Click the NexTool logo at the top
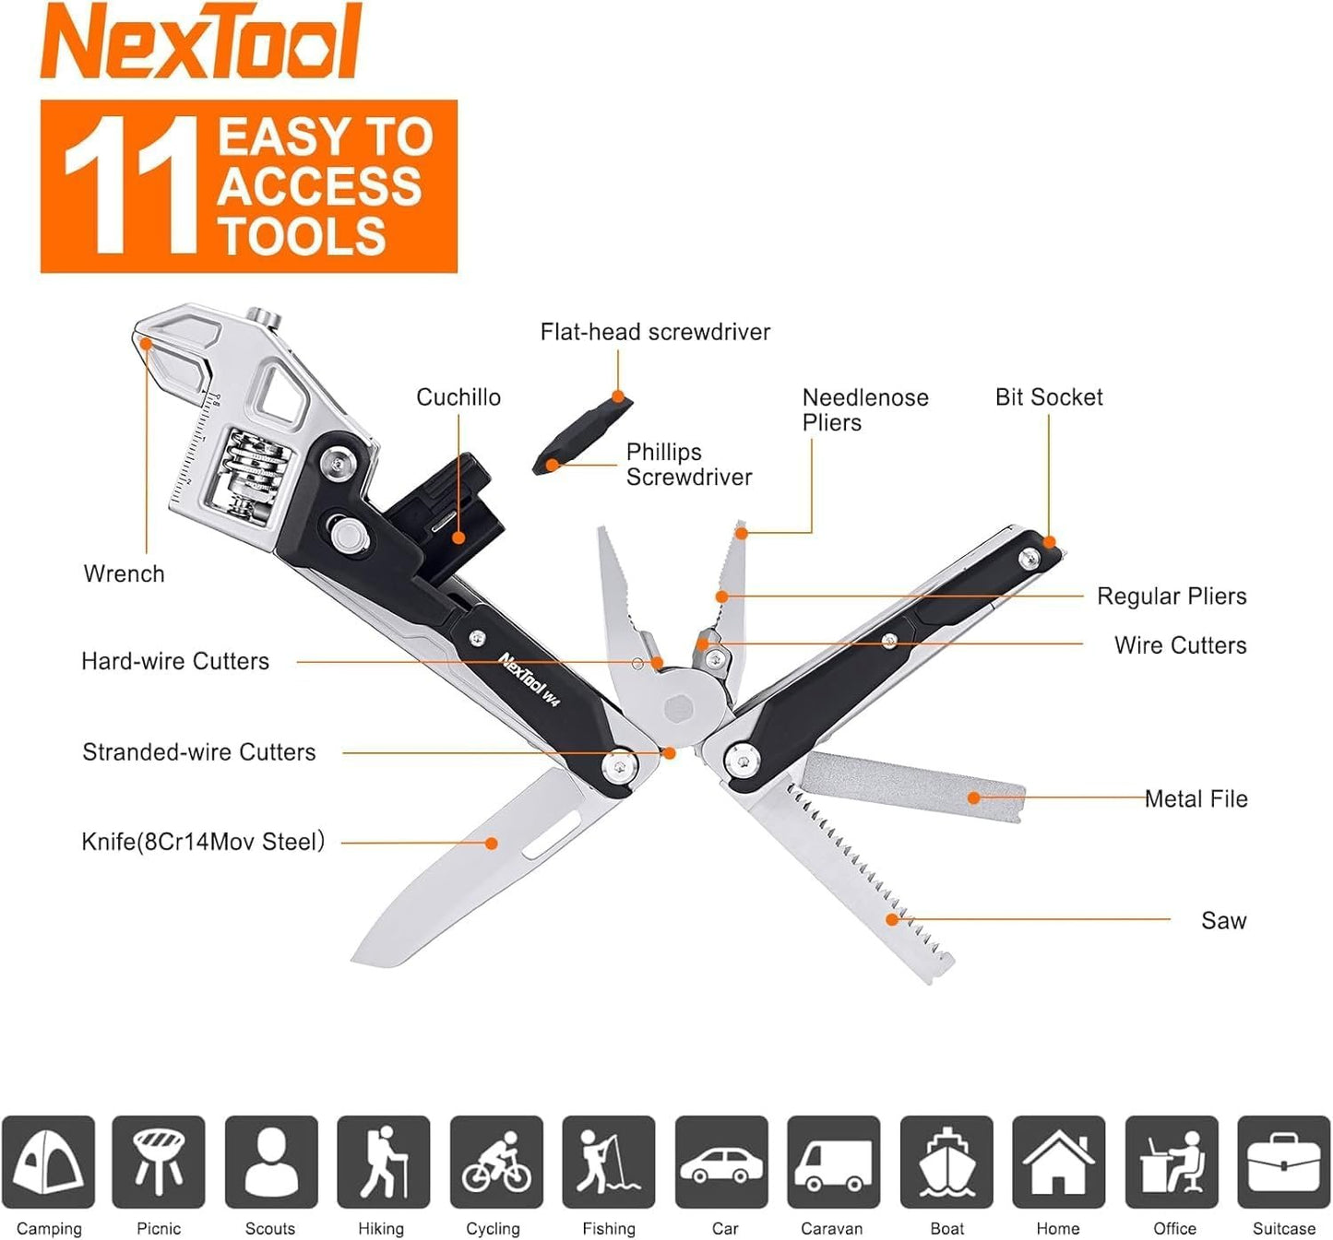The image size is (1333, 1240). (201, 41)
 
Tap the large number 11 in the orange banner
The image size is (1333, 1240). (131, 185)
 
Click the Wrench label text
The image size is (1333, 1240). (124, 573)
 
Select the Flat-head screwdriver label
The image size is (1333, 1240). (654, 332)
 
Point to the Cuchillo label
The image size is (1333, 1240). (458, 397)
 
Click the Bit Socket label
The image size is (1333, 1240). (1048, 397)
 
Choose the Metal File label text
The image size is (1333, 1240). (1196, 799)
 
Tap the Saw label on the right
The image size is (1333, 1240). (1223, 920)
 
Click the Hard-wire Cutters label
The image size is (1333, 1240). (175, 661)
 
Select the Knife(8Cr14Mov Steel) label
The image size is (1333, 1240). (203, 842)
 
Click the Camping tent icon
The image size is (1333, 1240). (48, 1162)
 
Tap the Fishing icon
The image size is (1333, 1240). (608, 1162)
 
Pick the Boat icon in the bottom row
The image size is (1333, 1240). (946, 1162)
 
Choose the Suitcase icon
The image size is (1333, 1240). (1283, 1162)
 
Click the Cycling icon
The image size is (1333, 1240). (496, 1162)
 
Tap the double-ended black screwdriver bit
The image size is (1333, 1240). (583, 432)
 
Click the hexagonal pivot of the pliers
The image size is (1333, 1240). (679, 709)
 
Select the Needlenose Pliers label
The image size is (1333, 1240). (864, 410)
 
